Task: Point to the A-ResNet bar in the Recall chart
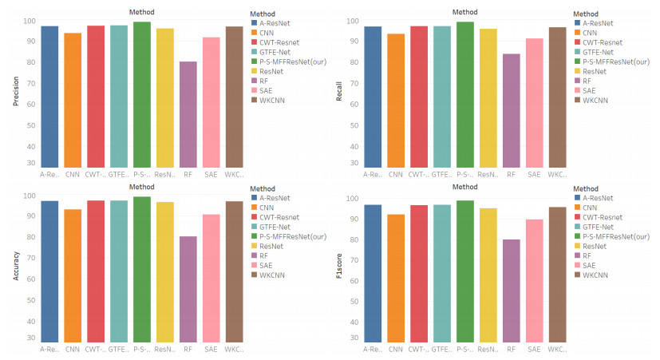pos(372,96)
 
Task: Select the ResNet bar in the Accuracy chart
pos(164,272)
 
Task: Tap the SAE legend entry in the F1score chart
pos(589,265)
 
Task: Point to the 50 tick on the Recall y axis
pos(350,125)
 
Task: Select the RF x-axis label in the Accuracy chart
pos(188,349)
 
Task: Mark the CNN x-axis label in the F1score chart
pos(395,349)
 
